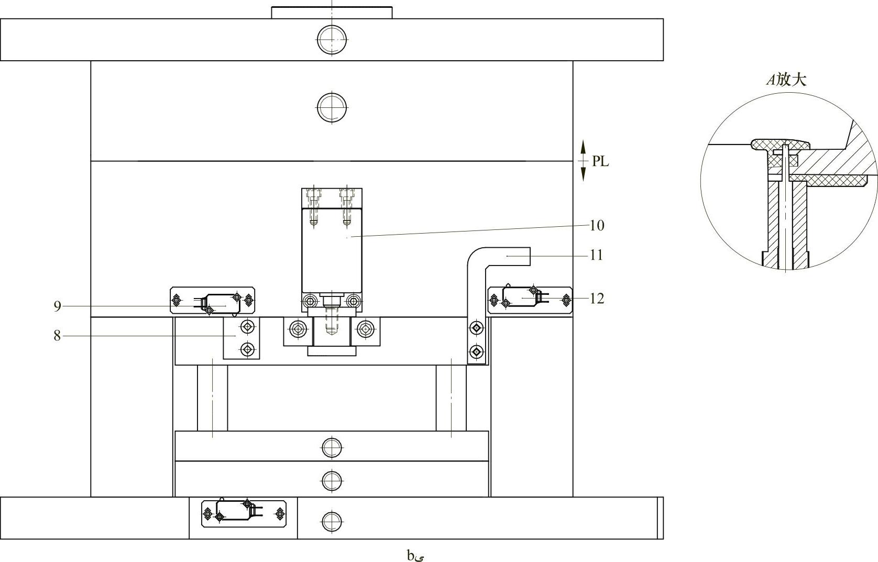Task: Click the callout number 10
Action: tap(597, 225)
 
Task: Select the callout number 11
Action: tap(597, 255)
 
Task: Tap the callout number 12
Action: tap(597, 299)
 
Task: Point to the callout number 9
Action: tap(57, 306)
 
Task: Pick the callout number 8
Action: tap(57, 336)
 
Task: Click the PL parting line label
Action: tap(600, 161)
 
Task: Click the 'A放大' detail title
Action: tap(786, 80)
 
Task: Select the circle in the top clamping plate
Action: tap(332, 40)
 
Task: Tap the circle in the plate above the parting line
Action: tap(332, 107)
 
